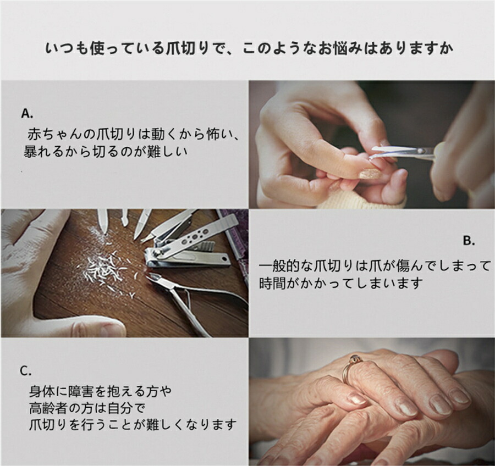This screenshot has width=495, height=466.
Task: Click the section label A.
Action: (x=27, y=113)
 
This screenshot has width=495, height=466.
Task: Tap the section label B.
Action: (x=469, y=241)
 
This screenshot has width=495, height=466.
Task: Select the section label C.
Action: (x=26, y=371)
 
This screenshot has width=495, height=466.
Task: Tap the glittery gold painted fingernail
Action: (x=370, y=174)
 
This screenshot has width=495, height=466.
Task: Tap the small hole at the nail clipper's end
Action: (x=224, y=259)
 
